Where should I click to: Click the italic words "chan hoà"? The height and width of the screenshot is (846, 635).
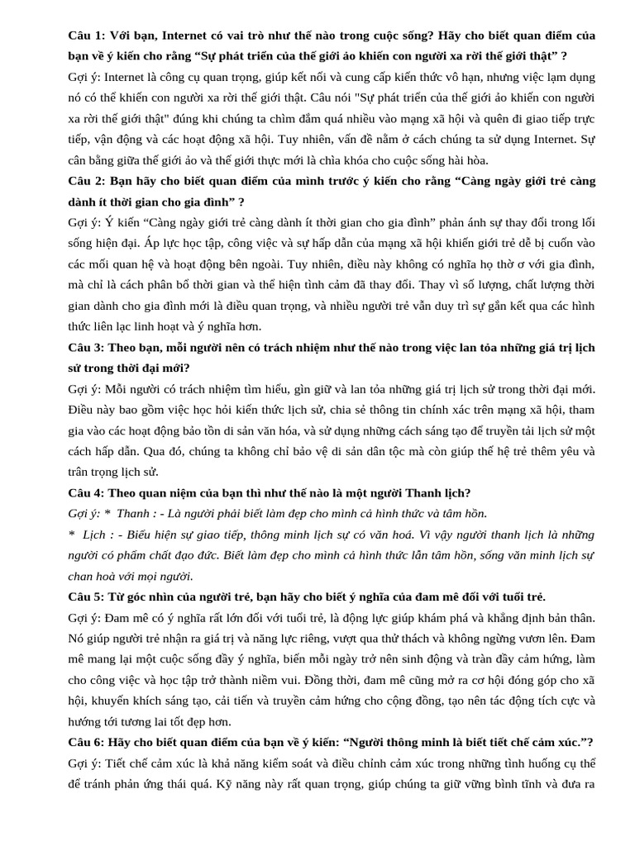click(89, 576)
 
